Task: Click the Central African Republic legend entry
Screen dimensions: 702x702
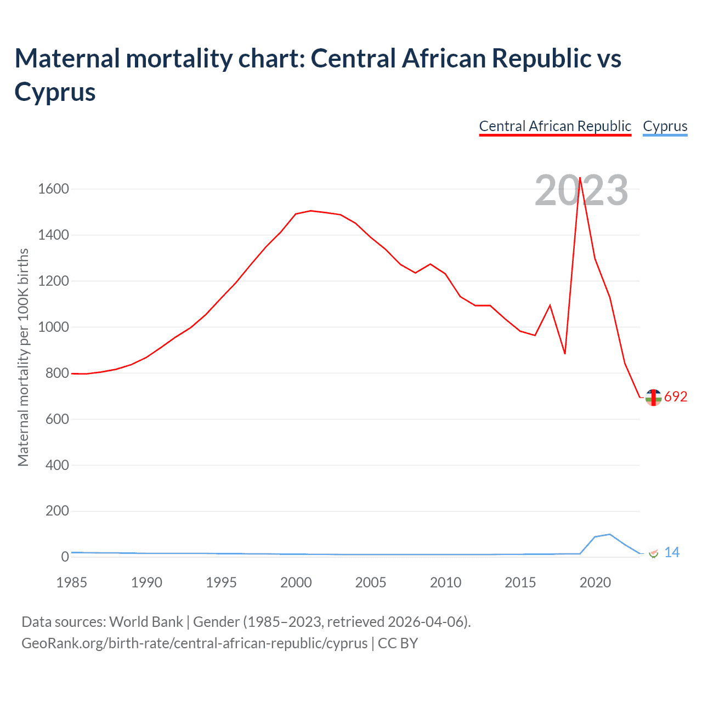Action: pyautogui.click(x=555, y=126)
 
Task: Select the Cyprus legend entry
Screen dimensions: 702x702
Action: pyautogui.click(x=665, y=126)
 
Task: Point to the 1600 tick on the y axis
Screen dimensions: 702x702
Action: pyautogui.click(x=53, y=189)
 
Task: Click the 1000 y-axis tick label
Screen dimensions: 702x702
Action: pyautogui.click(x=53, y=327)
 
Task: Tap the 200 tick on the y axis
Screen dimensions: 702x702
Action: pyautogui.click(x=57, y=511)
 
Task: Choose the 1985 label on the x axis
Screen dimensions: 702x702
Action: pyautogui.click(x=71, y=582)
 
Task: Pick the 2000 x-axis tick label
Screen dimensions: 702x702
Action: pyautogui.click(x=296, y=582)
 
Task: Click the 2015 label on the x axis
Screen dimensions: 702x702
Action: pyautogui.click(x=520, y=582)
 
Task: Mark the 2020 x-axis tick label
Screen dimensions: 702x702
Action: pyautogui.click(x=595, y=582)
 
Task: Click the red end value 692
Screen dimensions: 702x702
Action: pyautogui.click(x=676, y=397)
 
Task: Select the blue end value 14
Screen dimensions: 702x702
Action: pyautogui.click(x=672, y=553)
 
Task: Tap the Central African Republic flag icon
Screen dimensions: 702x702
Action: pyautogui.click(x=653, y=398)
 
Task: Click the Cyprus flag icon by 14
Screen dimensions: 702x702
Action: pyautogui.click(x=653, y=553)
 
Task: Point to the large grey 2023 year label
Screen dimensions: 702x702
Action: pyautogui.click(x=581, y=191)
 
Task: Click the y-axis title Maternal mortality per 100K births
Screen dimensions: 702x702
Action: pyautogui.click(x=23, y=358)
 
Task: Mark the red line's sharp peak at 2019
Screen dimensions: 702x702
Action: pyautogui.click(x=580, y=178)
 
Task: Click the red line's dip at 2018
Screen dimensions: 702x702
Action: pyautogui.click(x=565, y=354)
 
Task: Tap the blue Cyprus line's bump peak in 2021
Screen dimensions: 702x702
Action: pyautogui.click(x=610, y=534)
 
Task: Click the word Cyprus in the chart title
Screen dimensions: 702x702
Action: pyautogui.click(x=55, y=92)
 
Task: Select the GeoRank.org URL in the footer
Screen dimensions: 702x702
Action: pyautogui.click(x=194, y=643)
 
